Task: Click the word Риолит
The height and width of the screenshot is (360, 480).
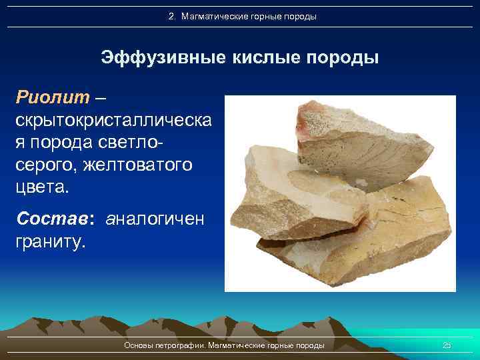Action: click(52, 98)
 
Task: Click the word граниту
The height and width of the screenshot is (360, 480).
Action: click(51, 241)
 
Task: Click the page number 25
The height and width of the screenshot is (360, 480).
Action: click(447, 345)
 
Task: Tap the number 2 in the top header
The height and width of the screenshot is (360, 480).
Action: click(171, 16)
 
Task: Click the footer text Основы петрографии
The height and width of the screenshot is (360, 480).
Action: click(165, 345)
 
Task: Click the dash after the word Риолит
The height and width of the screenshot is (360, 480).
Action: click(100, 98)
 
